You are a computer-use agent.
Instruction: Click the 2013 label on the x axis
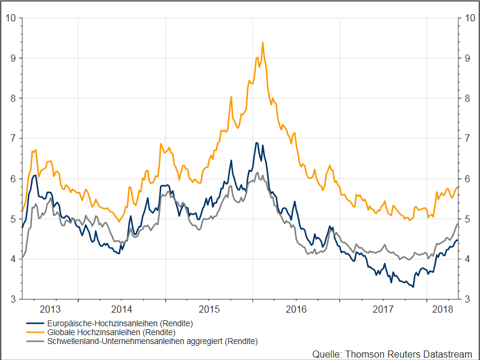point(50,309)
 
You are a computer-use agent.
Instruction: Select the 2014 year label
point(121,309)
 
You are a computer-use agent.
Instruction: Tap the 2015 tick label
point(209,309)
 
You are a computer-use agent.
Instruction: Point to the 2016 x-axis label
point(296,309)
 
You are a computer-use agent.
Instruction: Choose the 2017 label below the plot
point(383,309)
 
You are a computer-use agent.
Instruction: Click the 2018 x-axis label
point(443,309)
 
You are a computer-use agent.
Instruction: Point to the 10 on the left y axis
point(10,18)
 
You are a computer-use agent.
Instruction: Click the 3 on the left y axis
point(12,299)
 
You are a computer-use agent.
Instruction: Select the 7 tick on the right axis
point(468,139)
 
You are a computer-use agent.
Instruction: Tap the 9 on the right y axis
point(468,58)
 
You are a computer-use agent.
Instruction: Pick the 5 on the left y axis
point(12,219)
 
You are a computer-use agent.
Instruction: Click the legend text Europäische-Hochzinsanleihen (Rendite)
point(121,324)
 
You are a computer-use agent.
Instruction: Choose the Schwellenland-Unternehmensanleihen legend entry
point(153,342)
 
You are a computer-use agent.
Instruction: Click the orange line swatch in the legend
point(36,333)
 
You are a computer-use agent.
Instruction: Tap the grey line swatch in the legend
point(36,342)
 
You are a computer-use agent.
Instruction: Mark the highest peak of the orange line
point(263,43)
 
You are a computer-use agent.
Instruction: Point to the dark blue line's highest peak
point(256,143)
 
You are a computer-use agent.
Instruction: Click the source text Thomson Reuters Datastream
point(393,353)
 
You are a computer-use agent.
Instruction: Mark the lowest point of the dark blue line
point(413,287)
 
